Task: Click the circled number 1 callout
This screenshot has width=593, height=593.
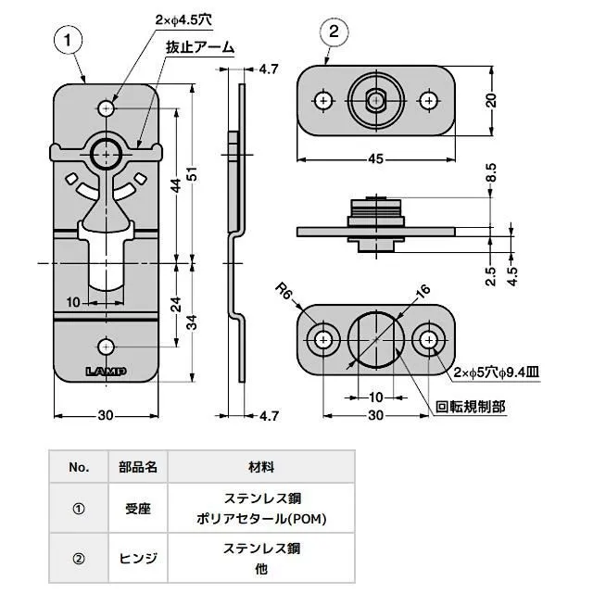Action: click(x=68, y=40)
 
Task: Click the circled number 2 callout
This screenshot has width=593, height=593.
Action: click(x=334, y=32)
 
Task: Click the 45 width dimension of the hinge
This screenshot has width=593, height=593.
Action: click(x=375, y=159)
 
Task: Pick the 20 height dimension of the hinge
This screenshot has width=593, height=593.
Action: click(x=492, y=100)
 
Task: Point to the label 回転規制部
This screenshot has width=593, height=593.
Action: click(x=475, y=406)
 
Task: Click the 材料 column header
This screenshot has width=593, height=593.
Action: click(x=261, y=467)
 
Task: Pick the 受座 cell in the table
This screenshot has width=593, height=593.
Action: click(x=139, y=508)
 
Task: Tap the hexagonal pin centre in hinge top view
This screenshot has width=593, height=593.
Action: click(x=375, y=99)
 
